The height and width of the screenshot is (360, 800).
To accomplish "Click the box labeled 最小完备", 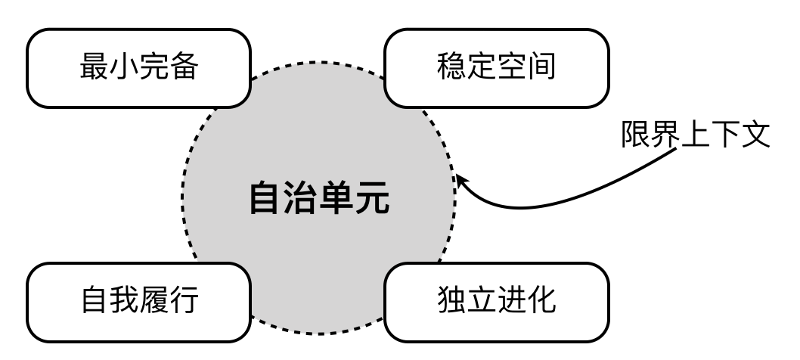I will tap(138, 68).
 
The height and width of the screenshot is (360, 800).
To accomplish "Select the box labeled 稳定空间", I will tap(497, 68).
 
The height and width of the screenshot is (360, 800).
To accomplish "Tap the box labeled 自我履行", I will tap(138, 300).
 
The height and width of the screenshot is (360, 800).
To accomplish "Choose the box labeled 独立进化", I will tap(497, 300).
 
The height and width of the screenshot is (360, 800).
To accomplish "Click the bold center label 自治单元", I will tap(319, 198).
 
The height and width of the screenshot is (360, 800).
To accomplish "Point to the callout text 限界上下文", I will tap(696, 136).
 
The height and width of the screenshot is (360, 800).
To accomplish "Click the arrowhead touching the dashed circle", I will tap(460, 182).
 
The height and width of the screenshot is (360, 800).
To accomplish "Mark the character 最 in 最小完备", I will tap(94, 68).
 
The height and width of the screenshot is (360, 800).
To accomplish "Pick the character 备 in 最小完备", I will tap(184, 68).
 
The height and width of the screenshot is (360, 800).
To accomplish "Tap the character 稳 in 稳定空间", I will tap(452, 68).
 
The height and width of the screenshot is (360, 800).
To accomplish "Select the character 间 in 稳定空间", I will tap(542, 68).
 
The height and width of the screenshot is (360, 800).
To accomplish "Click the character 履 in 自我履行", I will tap(153, 300).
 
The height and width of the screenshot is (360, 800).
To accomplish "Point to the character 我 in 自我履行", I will tap(124, 300).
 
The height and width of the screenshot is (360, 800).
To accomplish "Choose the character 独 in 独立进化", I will tap(452, 300).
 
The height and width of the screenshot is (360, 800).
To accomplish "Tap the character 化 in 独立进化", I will tap(542, 300).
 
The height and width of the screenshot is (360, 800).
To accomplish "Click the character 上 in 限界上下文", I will tap(696, 136).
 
